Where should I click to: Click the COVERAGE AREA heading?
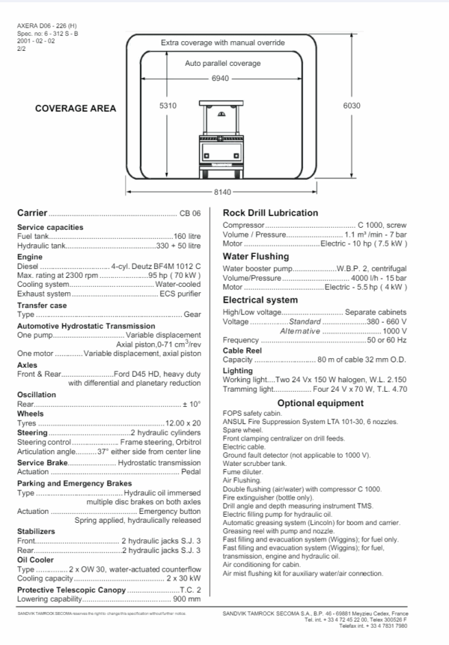pos(76,109)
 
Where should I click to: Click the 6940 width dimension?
pos(220,78)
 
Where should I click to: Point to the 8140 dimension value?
pos(222,193)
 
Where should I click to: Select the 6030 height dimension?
pos(351,106)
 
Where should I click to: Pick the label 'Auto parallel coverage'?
pos(223,64)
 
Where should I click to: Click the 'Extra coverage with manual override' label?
pos(223,43)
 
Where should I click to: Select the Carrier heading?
pos(32,214)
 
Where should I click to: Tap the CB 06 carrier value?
pos(190,214)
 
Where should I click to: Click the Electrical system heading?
pos(260,300)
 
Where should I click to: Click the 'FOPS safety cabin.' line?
pos(254,414)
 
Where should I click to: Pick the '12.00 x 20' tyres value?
pos(183,423)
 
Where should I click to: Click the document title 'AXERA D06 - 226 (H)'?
pos(46,26)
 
